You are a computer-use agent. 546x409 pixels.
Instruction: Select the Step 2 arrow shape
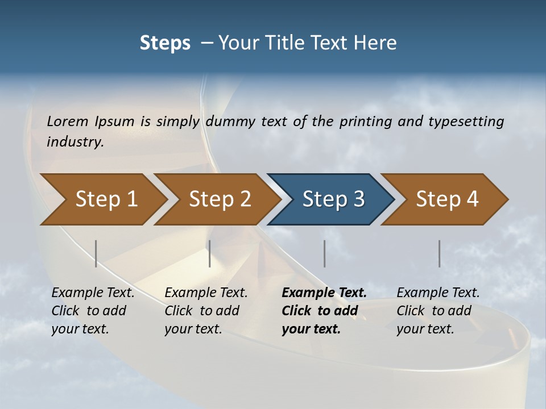(x=220, y=199)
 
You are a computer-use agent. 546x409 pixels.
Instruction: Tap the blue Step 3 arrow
(x=333, y=199)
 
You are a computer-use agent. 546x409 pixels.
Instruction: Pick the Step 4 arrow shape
(x=447, y=199)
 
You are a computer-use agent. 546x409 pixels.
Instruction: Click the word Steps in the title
(x=165, y=43)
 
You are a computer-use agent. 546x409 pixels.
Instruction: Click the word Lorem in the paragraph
(x=68, y=121)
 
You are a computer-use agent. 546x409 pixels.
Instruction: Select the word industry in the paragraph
(x=75, y=141)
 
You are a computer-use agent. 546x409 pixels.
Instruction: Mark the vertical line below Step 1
(x=96, y=253)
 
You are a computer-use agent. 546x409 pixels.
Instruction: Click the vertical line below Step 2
(x=210, y=253)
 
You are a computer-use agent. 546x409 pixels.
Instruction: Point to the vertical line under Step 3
(x=324, y=253)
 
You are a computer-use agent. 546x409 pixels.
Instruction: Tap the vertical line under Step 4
(x=439, y=253)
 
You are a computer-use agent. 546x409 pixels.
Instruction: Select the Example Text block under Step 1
(x=93, y=311)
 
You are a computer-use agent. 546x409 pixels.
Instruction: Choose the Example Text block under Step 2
(x=206, y=311)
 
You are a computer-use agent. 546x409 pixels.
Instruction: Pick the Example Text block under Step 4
(x=438, y=311)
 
